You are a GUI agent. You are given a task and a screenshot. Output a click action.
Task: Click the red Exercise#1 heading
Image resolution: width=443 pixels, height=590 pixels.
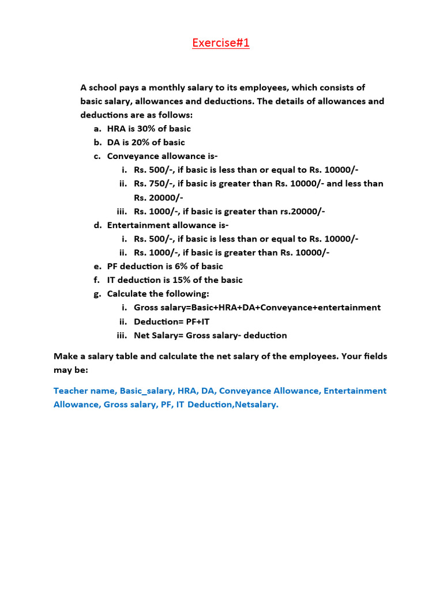pos(221,43)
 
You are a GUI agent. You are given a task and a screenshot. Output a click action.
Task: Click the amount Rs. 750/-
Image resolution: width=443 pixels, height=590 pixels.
pos(152,184)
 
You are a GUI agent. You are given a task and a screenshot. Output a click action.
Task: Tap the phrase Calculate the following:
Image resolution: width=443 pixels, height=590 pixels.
pos(150,294)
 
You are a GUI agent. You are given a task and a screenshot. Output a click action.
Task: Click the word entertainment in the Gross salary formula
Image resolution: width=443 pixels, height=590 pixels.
pos(348,308)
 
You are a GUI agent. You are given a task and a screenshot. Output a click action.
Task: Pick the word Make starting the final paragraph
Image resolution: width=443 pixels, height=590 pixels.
pos(65,356)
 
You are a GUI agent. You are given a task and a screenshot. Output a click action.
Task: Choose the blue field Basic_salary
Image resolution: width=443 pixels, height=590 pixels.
pos(146,391)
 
